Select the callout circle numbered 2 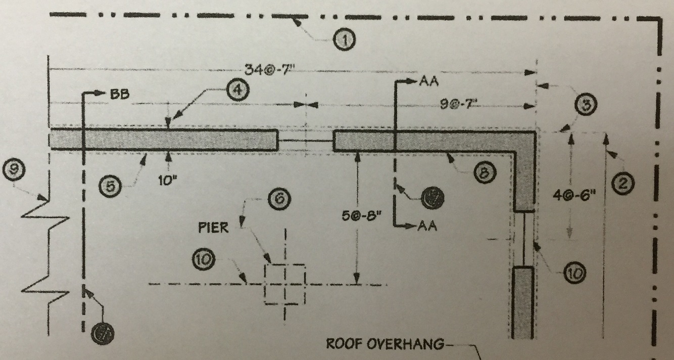(622, 184)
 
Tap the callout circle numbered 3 (586, 105)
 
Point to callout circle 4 (237, 91)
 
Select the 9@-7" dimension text (459, 105)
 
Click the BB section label (118, 94)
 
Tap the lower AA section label (428, 227)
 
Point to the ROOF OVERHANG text (385, 345)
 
